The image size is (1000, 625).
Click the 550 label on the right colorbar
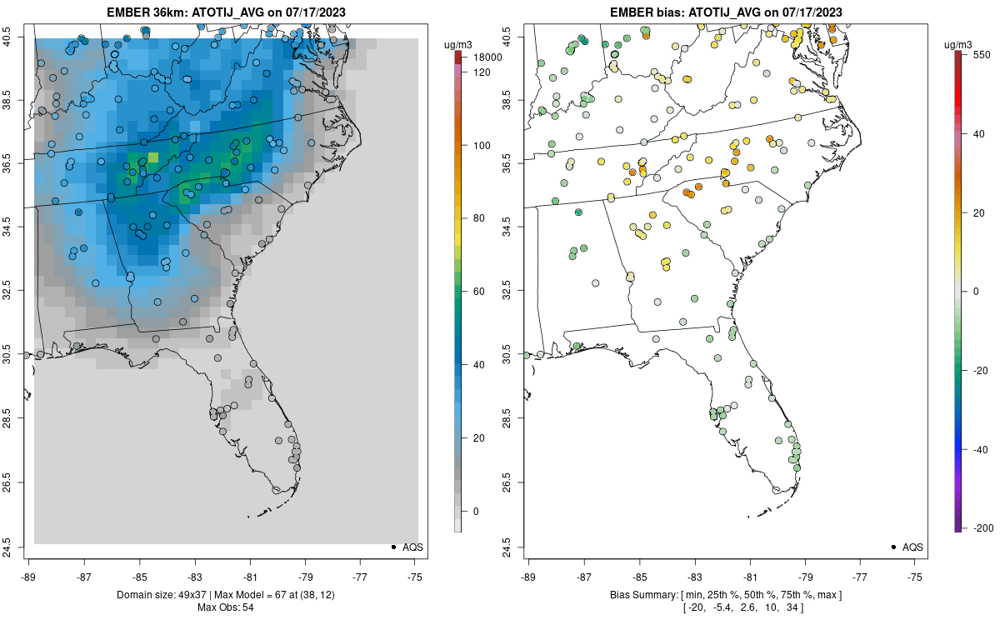[x=980, y=54]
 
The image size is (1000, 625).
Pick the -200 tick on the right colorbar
[x=981, y=527]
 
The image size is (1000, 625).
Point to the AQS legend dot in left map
[x=392, y=547]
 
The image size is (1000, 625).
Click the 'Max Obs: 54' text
[x=224, y=607]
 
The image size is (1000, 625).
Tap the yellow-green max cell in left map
[x=153, y=157]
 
